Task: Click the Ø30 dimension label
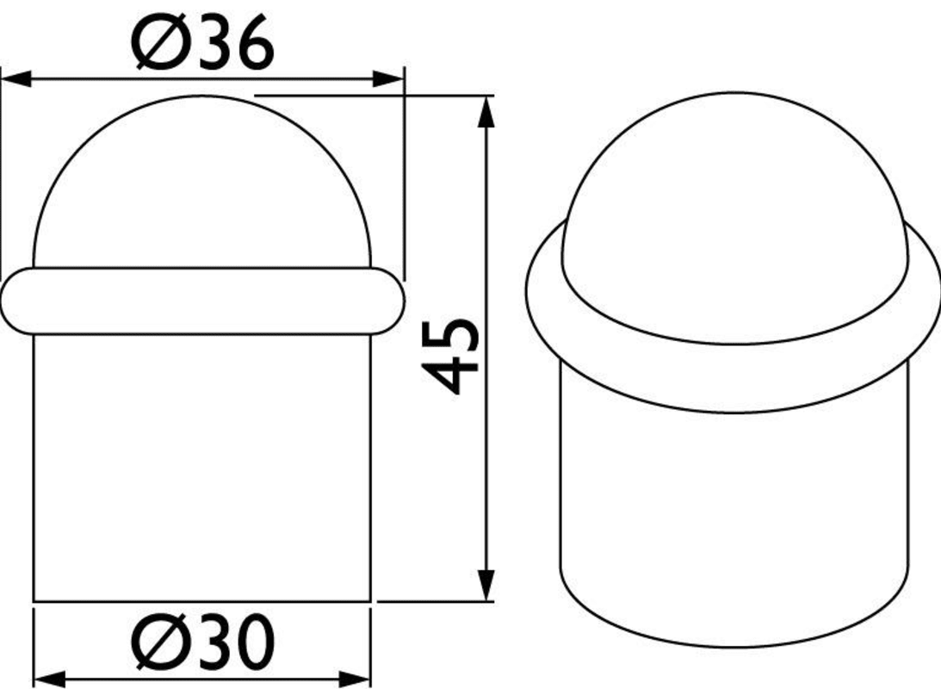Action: pyautogui.click(x=202, y=641)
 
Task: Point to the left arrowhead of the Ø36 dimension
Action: pyautogui.click(x=16, y=78)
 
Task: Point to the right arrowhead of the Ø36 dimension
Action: pyautogui.click(x=388, y=78)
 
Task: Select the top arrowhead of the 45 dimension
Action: pyautogui.click(x=486, y=112)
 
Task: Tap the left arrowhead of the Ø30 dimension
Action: pyautogui.click(x=49, y=680)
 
